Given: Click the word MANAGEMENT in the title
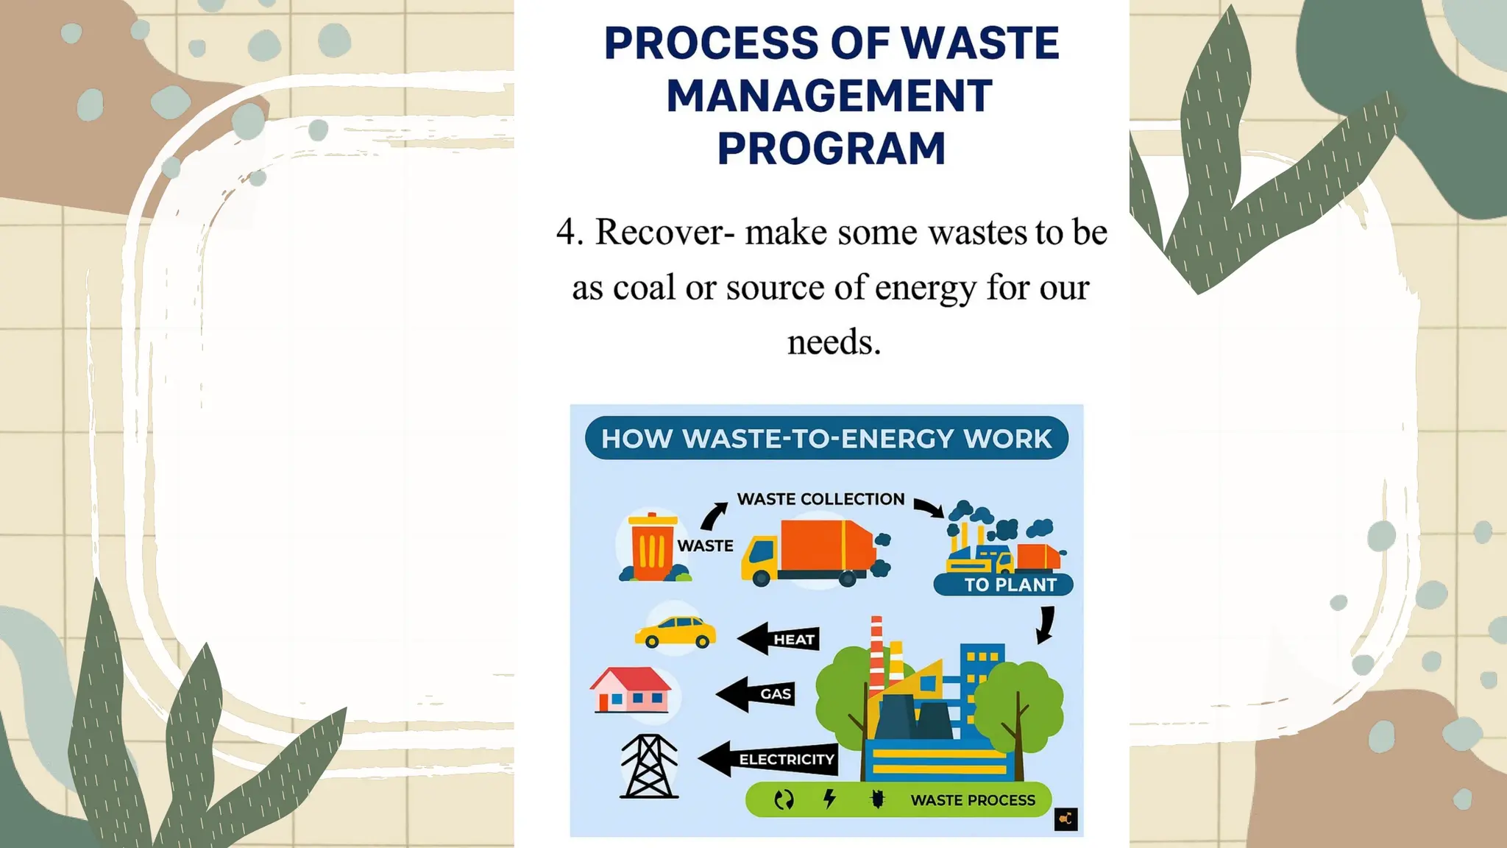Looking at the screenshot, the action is point(829,96).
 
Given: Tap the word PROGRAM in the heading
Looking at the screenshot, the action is point(831,149).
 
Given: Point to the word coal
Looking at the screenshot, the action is point(643,288).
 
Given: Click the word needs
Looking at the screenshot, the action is point(834,342).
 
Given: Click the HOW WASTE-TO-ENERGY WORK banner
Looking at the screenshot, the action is point(826,439).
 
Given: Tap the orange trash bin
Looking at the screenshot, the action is point(651,547).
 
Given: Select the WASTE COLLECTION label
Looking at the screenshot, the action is point(820,499).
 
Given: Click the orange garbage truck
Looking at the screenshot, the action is point(809,553).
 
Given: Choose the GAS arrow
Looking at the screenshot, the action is point(758,693).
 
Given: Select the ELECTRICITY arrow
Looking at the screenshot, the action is point(769,759).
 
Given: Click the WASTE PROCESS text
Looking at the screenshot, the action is point(972,800).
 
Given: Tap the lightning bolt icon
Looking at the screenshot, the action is point(829,799).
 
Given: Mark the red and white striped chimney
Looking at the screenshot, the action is point(876,651).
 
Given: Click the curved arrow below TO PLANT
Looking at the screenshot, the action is point(1046,624).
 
